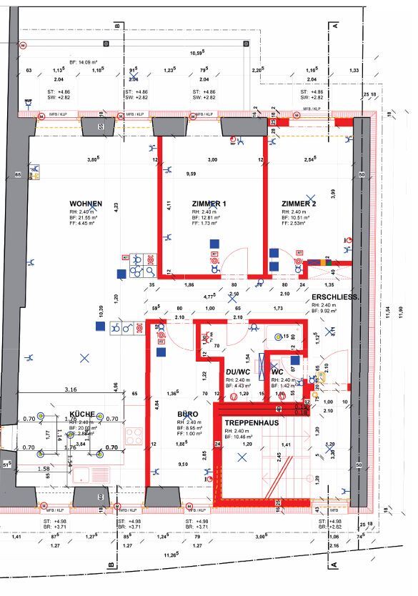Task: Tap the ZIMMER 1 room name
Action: click(x=209, y=204)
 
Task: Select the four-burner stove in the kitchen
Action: click(x=134, y=436)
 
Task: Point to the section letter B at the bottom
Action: click(x=111, y=565)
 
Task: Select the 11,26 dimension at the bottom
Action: click(x=190, y=555)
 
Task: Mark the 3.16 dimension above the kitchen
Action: click(x=71, y=389)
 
